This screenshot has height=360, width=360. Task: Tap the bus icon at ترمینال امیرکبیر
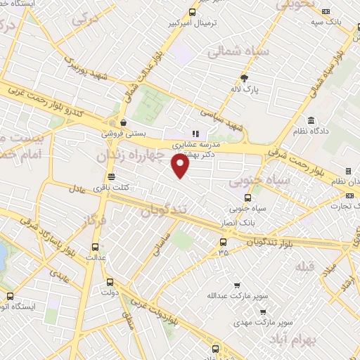pyautogui.click(x=193, y=12)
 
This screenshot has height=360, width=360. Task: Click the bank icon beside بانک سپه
pyautogui.click(x=326, y=11)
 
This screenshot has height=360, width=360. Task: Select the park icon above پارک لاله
pyautogui.click(x=244, y=77)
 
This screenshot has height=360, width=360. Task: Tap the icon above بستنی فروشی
pyautogui.click(x=122, y=121)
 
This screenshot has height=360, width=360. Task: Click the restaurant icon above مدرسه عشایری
pyautogui.click(x=195, y=132)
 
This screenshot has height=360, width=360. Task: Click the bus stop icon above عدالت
pyautogui.click(x=96, y=247)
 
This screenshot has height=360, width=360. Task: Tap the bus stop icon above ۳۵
pyautogui.click(x=223, y=243)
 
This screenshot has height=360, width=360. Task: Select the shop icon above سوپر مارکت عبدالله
pyautogui.click(x=237, y=285)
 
